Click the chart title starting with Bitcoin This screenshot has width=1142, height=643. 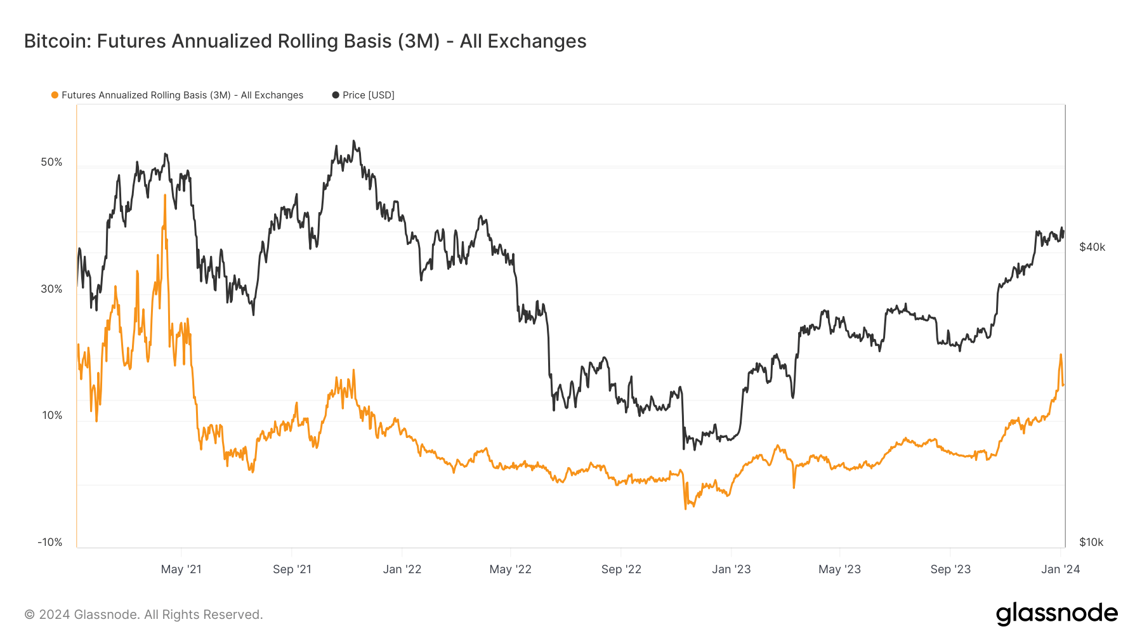[x=305, y=41]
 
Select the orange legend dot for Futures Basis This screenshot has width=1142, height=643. [x=55, y=95]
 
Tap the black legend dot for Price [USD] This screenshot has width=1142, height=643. [x=336, y=95]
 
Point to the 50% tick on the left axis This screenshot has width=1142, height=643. [x=52, y=162]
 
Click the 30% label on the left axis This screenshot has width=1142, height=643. [x=52, y=289]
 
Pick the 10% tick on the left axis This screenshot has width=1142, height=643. [x=52, y=415]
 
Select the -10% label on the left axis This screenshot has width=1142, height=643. [x=50, y=542]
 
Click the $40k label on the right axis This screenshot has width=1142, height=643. [x=1092, y=247]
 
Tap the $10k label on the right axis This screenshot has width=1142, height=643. [x=1091, y=542]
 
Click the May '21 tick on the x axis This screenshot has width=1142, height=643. [x=181, y=569]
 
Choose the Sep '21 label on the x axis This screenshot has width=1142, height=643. [x=292, y=569]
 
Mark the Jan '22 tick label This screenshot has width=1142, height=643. [x=402, y=569]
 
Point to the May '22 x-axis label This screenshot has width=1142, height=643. [x=510, y=569]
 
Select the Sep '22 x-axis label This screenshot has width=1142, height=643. [x=621, y=569]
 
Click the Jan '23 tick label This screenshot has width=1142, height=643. [x=731, y=569]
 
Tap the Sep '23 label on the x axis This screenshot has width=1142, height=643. [x=950, y=569]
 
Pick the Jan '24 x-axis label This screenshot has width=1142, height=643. [x=1060, y=569]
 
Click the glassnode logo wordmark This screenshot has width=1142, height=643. [x=1056, y=613]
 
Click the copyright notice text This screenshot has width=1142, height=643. [x=143, y=614]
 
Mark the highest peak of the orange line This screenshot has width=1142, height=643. [x=165, y=196]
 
